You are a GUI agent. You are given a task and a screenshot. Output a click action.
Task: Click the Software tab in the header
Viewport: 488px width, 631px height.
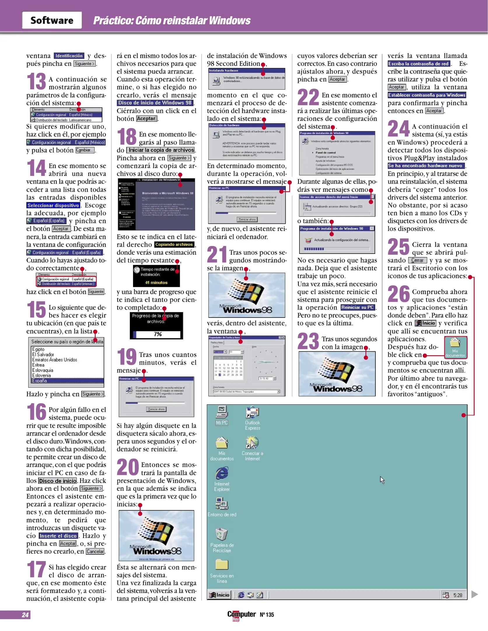[x=52, y=20]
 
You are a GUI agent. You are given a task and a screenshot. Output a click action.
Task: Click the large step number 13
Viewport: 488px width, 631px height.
[x=36, y=81]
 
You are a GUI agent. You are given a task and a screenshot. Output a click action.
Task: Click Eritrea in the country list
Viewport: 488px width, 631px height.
[x=39, y=365]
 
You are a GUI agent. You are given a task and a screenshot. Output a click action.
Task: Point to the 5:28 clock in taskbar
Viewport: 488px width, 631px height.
[x=458, y=595]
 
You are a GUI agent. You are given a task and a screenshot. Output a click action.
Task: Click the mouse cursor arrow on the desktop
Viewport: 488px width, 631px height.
[x=382, y=480]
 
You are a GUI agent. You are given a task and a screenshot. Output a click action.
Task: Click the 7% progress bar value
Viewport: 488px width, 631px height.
[x=158, y=334]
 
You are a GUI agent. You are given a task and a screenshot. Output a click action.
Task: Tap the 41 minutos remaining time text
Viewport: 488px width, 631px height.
[x=156, y=282]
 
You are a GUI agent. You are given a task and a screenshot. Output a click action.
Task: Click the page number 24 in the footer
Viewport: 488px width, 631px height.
[x=25, y=615]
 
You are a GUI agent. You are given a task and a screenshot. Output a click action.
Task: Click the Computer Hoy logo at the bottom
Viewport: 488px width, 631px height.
[x=241, y=615]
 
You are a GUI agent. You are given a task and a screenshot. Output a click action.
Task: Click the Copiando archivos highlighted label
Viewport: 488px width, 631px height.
[x=174, y=245]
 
